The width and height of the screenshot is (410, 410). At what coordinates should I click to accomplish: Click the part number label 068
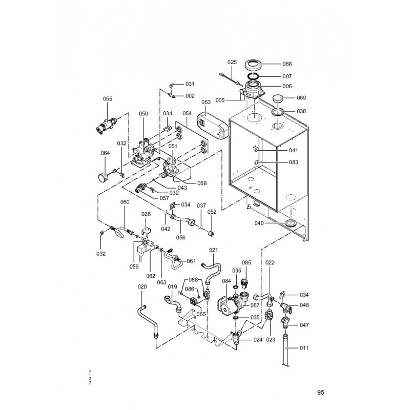click(287, 64)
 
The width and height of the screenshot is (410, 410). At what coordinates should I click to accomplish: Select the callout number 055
click(108, 98)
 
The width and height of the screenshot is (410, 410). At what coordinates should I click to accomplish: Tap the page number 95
click(321, 392)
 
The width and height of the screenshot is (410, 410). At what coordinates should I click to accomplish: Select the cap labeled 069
click(278, 99)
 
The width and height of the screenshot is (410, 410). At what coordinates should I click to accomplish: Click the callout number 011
click(304, 348)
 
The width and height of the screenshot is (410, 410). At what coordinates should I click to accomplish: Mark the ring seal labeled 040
click(291, 223)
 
